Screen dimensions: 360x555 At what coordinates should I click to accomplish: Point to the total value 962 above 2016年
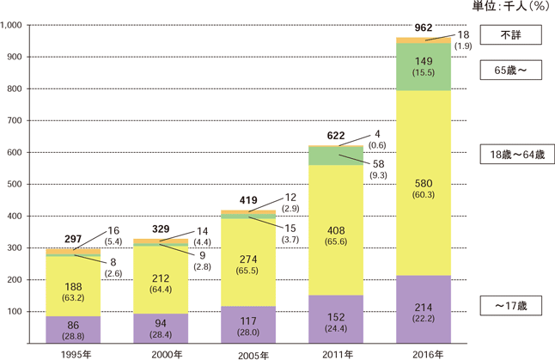coord(424,27)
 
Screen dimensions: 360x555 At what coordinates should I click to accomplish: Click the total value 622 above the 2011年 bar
coord(334,136)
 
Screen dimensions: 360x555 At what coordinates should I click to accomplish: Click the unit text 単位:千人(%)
coord(513,7)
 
